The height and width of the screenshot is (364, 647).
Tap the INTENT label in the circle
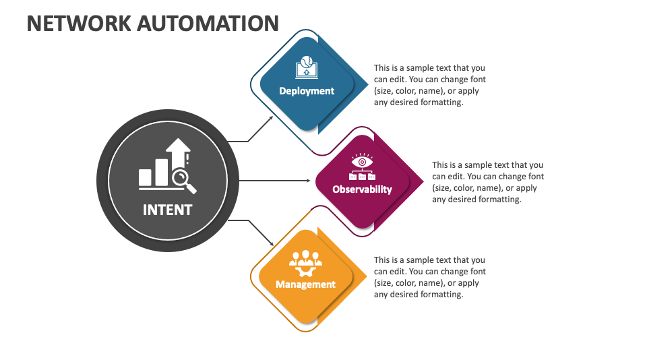coord(167,210)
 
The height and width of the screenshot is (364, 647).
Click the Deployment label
coord(307,91)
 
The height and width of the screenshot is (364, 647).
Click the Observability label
coord(362,189)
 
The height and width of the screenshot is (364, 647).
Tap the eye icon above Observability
coord(362,162)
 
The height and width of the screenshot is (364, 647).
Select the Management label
coord(305,284)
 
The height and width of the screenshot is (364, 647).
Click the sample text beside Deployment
coord(429,86)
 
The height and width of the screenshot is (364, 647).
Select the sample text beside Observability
coord(487,182)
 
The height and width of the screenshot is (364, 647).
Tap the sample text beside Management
coord(429,277)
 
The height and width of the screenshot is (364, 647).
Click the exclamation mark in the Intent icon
coord(187,160)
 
